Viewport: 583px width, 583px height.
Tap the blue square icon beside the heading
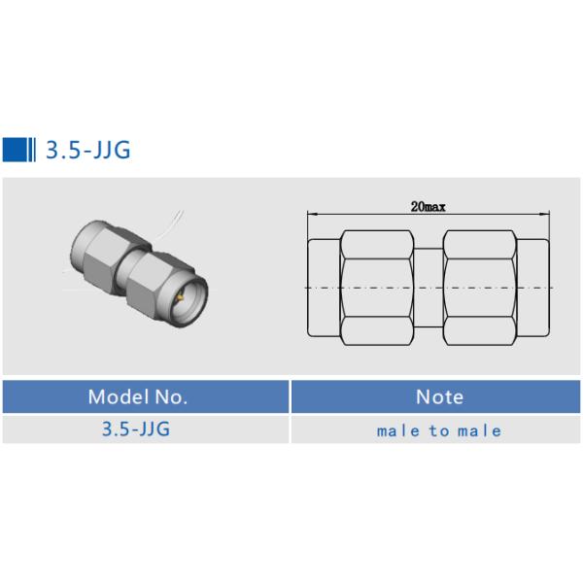pos(15,150)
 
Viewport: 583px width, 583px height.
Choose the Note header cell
pos(439,396)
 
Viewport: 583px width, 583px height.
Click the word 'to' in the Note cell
pos(439,430)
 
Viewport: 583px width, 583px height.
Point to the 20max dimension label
pos(428,206)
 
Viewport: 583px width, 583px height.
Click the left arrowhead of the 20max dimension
pos(311,213)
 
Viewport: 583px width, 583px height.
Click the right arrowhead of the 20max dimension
pos(546,213)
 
